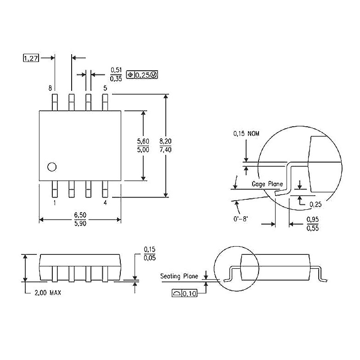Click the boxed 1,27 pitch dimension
tap(31, 58)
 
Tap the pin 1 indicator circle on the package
tap(52, 167)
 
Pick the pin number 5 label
tap(105, 88)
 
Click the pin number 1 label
tap(55, 203)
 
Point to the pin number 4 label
tap(105, 203)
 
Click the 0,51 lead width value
tap(116, 70)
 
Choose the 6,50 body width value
tap(80, 215)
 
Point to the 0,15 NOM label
tap(247, 134)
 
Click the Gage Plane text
tap(267, 184)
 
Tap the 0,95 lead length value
tap(313, 219)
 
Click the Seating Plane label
tap(179, 276)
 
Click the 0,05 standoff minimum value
tap(149, 258)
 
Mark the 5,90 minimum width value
tap(80, 224)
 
